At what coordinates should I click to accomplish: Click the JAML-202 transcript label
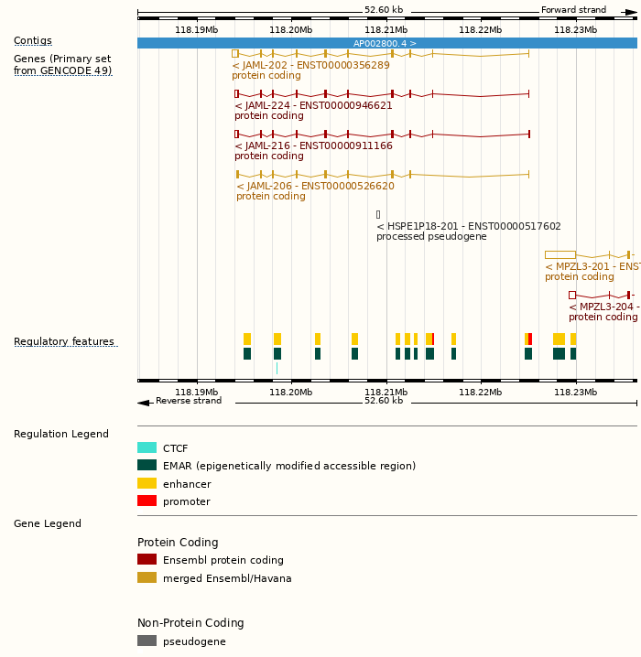point(310,65)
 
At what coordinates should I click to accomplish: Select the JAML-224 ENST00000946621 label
point(313,105)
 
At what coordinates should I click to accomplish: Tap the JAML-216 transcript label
point(313,145)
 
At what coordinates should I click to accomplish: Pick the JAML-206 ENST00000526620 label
point(315,186)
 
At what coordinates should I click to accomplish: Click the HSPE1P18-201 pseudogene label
point(469,226)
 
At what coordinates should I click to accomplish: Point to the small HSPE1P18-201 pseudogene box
point(378,214)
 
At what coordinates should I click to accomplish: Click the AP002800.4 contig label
point(385,43)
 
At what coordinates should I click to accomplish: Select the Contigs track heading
point(33,40)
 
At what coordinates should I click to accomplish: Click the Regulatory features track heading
point(64,342)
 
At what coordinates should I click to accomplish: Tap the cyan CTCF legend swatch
point(147,448)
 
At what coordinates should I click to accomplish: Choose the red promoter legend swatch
point(147,501)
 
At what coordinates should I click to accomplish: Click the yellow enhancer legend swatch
point(147,483)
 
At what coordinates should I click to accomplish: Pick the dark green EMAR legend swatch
point(147,466)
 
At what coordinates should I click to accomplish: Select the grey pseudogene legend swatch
point(147,641)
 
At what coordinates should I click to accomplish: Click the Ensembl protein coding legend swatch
point(147,560)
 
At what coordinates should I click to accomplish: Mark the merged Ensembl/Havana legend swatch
point(147,577)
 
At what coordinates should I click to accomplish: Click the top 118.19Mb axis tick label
point(196,29)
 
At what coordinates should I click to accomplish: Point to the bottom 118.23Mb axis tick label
point(575,392)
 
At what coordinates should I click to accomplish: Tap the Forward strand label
point(573,10)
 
